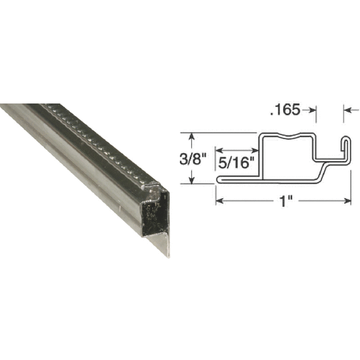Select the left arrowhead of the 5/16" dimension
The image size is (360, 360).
pyautogui.click(x=218, y=150)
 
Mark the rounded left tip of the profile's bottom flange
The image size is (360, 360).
pyautogui.click(x=218, y=179)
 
